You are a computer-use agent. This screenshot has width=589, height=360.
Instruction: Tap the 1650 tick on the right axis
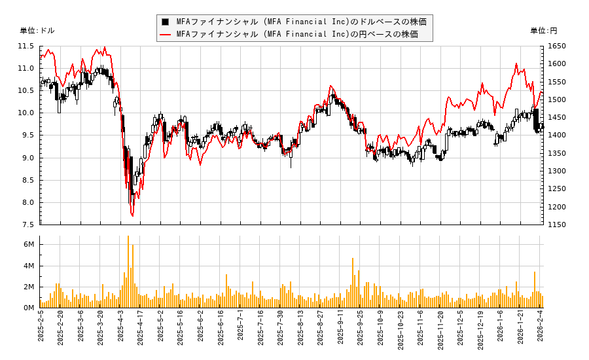pyautogui.click(x=557, y=46)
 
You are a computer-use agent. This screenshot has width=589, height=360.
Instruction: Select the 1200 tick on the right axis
pyautogui.click(x=557, y=207)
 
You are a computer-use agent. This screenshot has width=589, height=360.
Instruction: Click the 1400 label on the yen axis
pyautogui.click(x=557, y=135)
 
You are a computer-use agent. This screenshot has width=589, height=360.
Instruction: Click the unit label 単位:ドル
pyautogui.click(x=37, y=31)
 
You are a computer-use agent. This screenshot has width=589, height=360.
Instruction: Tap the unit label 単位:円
pyautogui.click(x=543, y=31)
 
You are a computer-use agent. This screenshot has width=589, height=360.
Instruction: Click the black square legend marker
pyautogui.click(x=166, y=22)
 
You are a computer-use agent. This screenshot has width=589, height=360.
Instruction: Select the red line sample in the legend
pyautogui.click(x=166, y=34)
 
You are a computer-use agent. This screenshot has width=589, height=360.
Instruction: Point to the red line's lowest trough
pyautogui.click(x=132, y=215)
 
